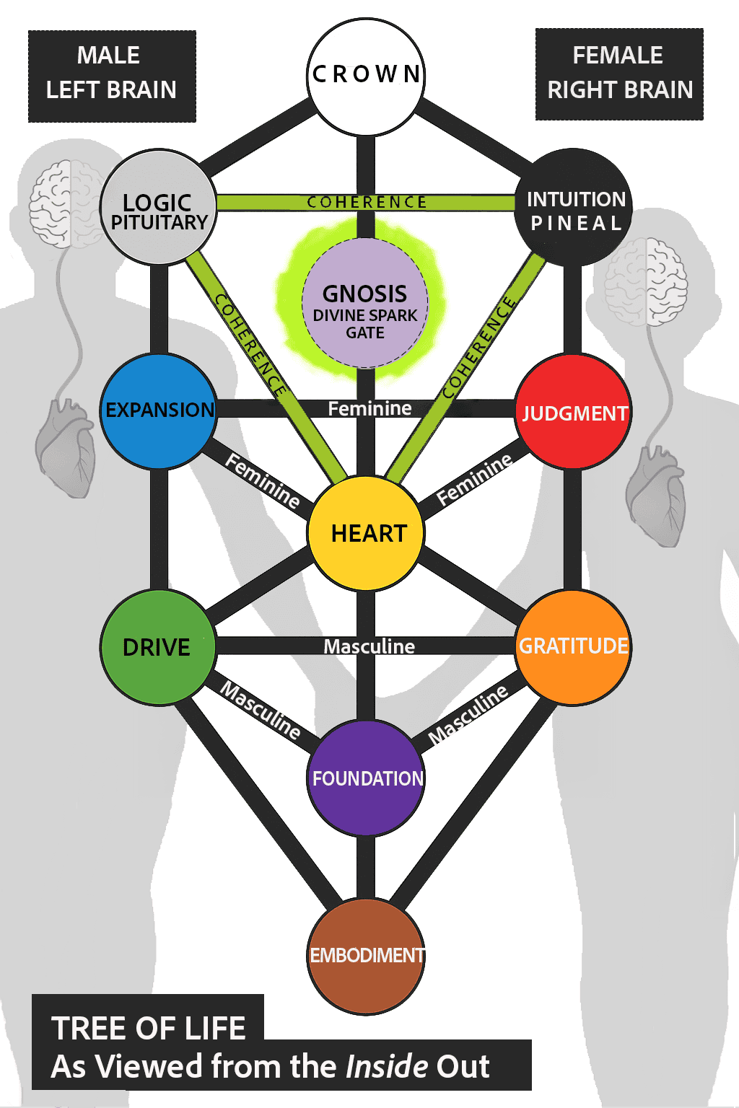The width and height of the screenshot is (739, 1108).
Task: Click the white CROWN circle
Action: click(366, 76)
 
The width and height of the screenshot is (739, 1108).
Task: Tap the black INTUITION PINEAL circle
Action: click(574, 208)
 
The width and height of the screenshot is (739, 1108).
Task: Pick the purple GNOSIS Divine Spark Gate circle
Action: click(365, 304)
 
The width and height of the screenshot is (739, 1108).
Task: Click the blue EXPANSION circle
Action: click(159, 410)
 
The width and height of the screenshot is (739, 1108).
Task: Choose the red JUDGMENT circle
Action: click(574, 412)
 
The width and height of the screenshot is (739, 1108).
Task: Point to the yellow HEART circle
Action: click(366, 533)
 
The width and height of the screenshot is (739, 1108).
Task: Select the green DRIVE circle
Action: click(158, 647)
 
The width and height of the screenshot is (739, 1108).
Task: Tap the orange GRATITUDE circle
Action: click(574, 646)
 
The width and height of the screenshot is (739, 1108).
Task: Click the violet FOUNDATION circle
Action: click(366, 778)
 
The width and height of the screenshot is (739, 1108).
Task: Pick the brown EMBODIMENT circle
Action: click(366, 955)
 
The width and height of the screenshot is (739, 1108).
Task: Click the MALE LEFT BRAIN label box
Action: click(112, 76)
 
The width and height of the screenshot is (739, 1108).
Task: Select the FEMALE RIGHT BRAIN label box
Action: click(619, 74)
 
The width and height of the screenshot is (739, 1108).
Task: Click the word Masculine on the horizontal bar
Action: click(369, 646)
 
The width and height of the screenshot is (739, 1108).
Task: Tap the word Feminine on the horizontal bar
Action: click(369, 409)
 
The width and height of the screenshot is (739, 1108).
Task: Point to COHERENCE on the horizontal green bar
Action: click(367, 202)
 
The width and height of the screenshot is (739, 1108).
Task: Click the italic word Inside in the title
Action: click(387, 1066)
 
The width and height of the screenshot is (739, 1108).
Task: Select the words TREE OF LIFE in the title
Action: click(149, 1028)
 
